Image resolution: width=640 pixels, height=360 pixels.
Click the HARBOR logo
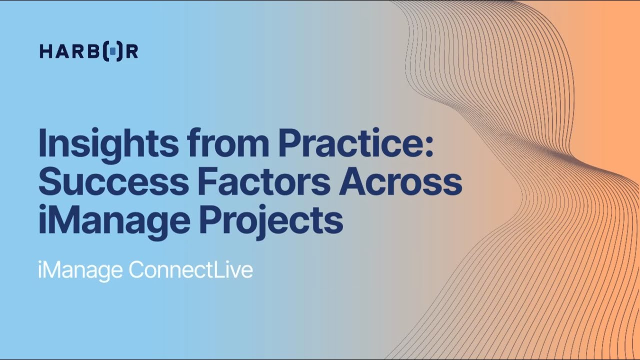pos(88,51)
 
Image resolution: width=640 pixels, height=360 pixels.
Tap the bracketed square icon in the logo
pos(113,51)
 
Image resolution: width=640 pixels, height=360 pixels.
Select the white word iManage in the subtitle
pos(80,270)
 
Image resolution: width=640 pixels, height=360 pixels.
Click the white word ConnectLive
pos(190,270)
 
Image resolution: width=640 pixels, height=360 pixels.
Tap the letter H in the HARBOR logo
pos(46,51)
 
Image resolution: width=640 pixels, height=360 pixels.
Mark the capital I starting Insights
pos(42,143)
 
